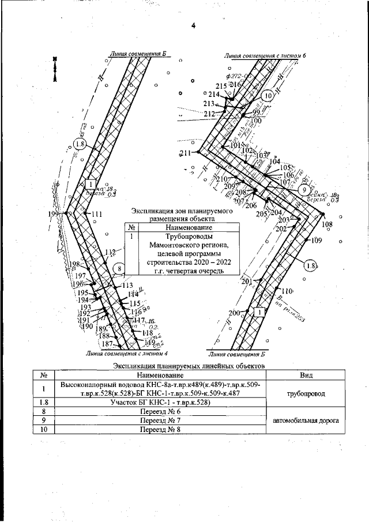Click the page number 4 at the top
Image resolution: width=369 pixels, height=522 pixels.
[x=194, y=25]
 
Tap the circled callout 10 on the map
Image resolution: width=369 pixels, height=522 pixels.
[x=267, y=96]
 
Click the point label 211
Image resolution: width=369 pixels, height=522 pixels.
[x=185, y=153]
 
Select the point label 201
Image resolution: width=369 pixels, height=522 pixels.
[x=247, y=281]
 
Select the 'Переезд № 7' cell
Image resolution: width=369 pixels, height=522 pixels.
[x=160, y=420]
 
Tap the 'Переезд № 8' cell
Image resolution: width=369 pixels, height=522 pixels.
[x=160, y=430]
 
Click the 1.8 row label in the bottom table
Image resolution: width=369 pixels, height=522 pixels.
[x=44, y=402]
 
